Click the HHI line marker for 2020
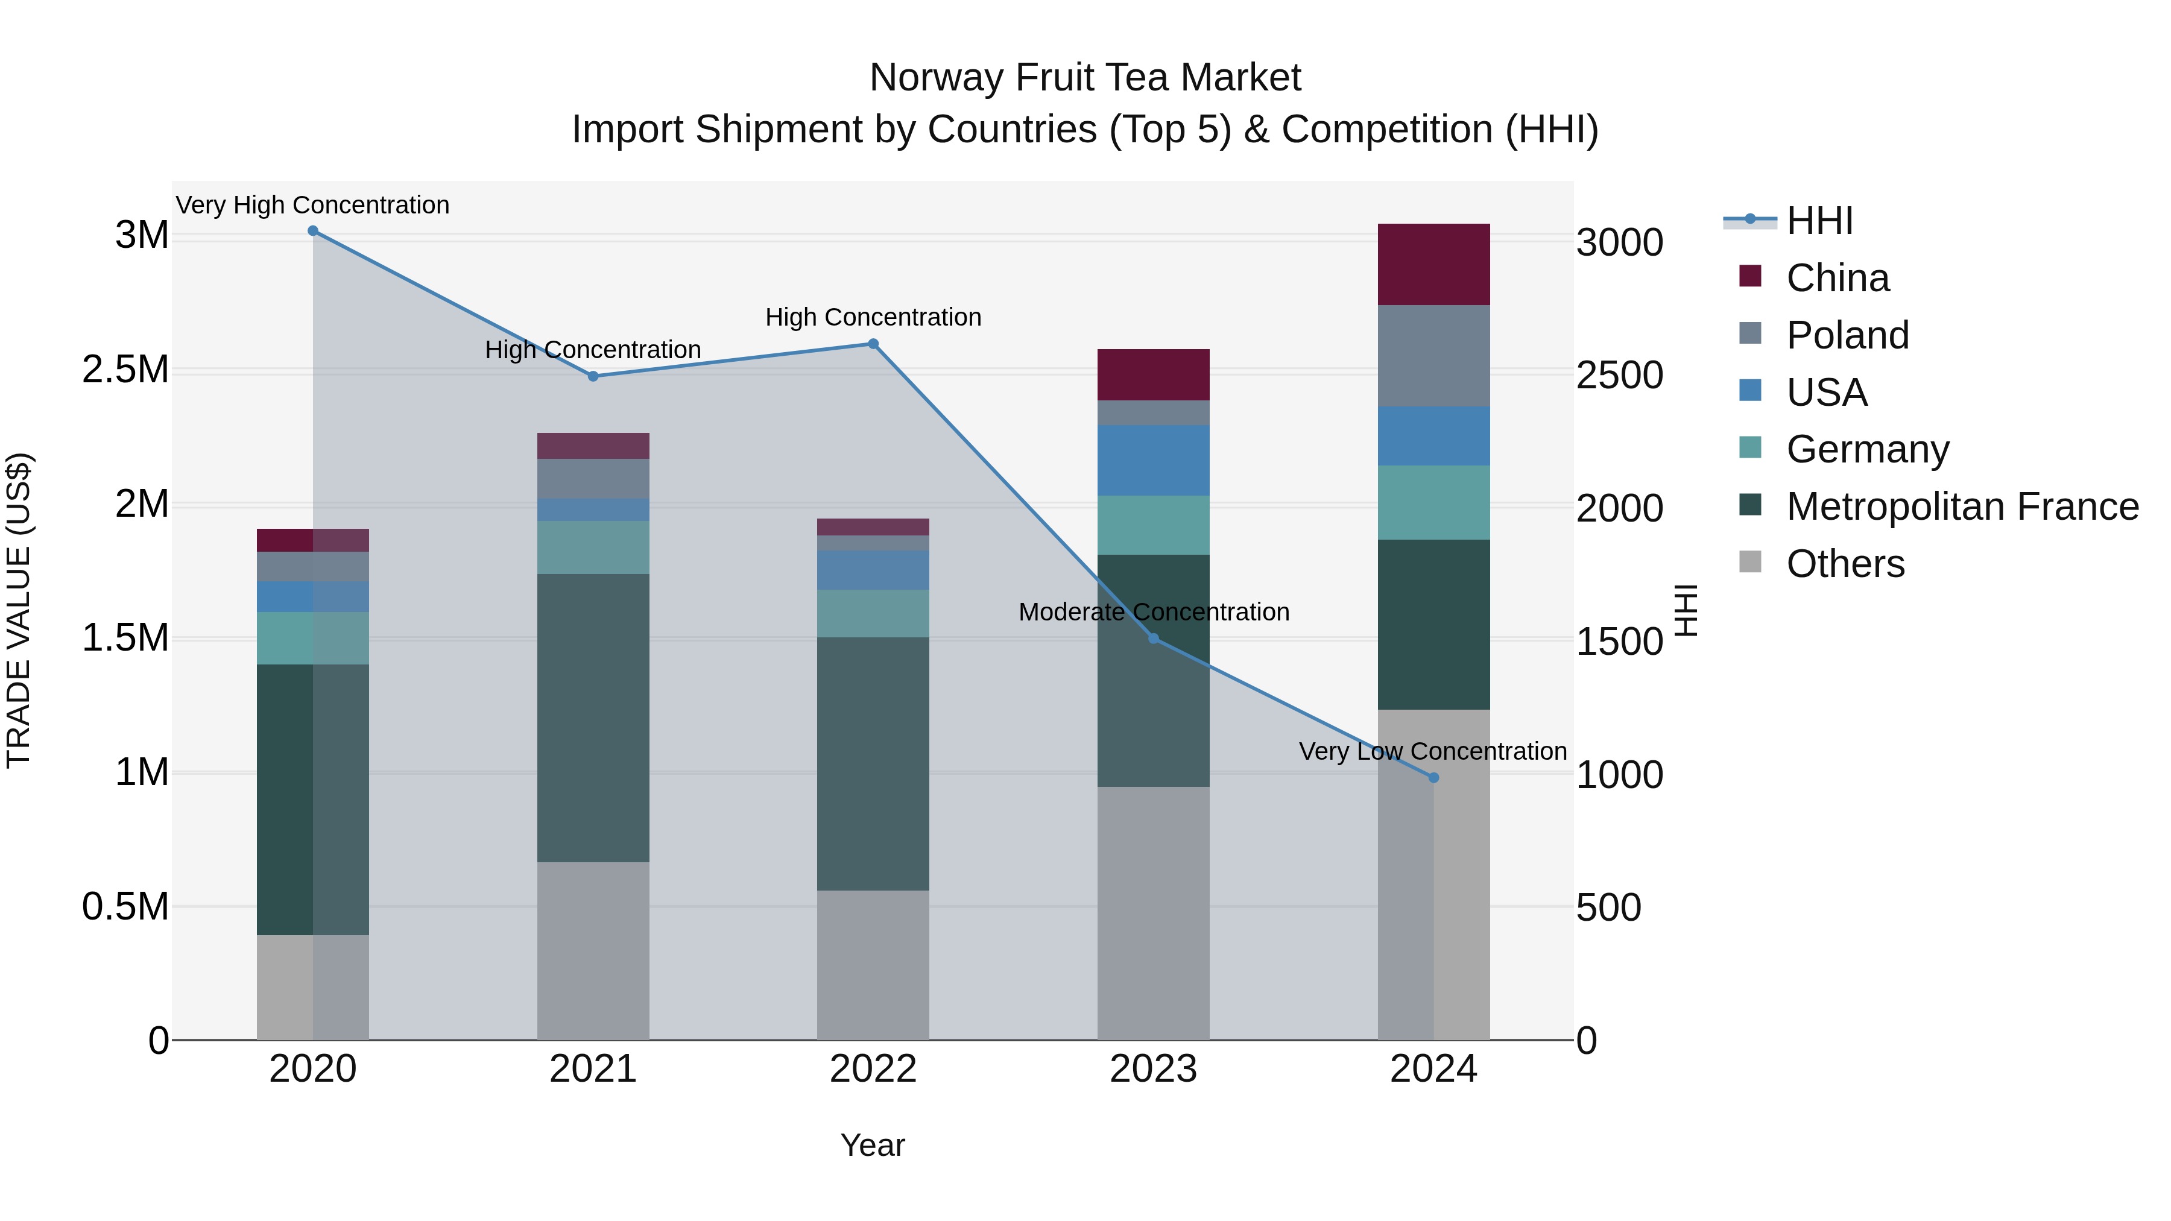(x=312, y=231)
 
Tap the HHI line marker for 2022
(x=873, y=344)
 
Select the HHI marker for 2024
(x=1433, y=778)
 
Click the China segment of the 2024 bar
(x=1433, y=265)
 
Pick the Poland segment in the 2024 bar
(x=1433, y=356)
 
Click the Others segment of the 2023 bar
(x=1153, y=913)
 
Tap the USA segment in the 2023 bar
(x=1153, y=460)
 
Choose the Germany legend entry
(x=1866, y=449)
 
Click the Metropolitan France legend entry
(x=1962, y=506)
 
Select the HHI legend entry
(x=1819, y=221)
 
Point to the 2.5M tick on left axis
(x=125, y=370)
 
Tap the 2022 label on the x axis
(x=873, y=1069)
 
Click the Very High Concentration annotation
(x=312, y=205)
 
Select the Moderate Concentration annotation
(x=1153, y=612)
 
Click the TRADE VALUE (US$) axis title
(x=19, y=610)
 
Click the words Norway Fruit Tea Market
(x=1085, y=78)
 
